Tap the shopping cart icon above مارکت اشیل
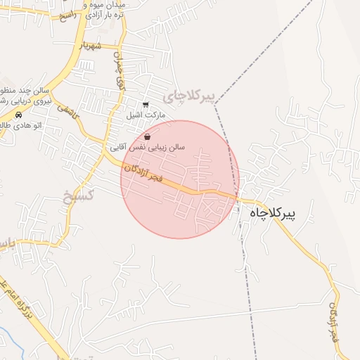tap(146, 104)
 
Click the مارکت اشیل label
tap(146, 114)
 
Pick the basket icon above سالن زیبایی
tap(147, 136)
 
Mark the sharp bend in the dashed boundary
tap(214, 103)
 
